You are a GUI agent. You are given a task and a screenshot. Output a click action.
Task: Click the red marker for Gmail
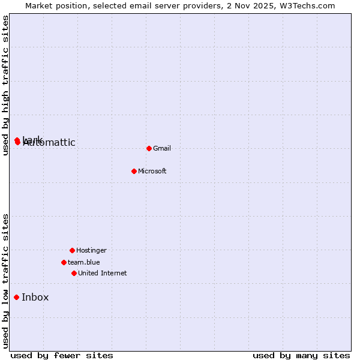(149, 148)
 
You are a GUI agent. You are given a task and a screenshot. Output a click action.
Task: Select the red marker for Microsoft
(134, 171)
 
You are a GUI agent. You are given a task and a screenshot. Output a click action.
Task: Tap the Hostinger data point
(72, 250)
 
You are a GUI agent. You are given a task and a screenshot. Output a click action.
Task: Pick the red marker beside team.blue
(64, 262)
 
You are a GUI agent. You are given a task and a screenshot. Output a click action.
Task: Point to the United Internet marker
(74, 273)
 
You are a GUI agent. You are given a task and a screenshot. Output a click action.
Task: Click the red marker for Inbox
(17, 297)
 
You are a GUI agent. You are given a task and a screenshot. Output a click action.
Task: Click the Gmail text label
(162, 148)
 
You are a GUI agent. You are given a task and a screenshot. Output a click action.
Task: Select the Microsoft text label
(152, 171)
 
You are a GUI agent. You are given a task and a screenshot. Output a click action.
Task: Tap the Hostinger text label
(91, 250)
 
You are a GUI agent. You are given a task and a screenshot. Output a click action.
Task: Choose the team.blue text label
(84, 262)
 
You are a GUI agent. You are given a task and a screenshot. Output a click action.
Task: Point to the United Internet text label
(103, 273)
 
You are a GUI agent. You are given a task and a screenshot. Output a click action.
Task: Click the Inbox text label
(35, 297)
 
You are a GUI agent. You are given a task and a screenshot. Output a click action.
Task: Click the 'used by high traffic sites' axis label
(5, 85)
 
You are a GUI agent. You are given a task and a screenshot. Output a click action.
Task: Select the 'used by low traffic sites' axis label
(5, 281)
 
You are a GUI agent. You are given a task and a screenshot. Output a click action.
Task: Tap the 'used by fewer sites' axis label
(62, 355)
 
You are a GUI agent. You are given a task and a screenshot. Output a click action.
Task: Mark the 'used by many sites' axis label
(301, 355)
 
